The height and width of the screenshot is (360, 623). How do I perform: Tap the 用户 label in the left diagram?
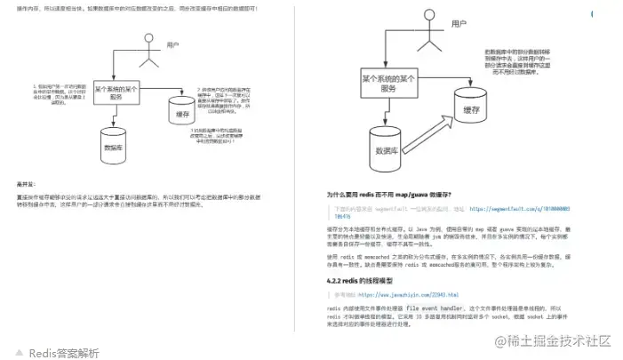(x=174, y=44)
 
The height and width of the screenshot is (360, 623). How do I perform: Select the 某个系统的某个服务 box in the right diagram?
(x=389, y=85)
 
